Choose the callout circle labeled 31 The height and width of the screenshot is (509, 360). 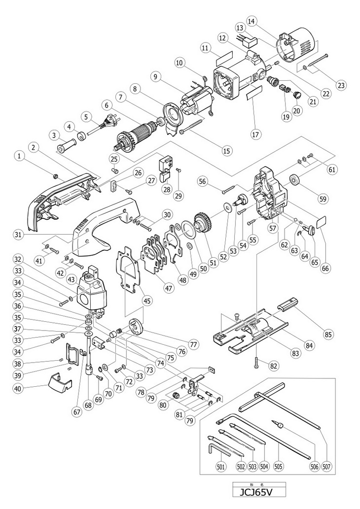[19, 235]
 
